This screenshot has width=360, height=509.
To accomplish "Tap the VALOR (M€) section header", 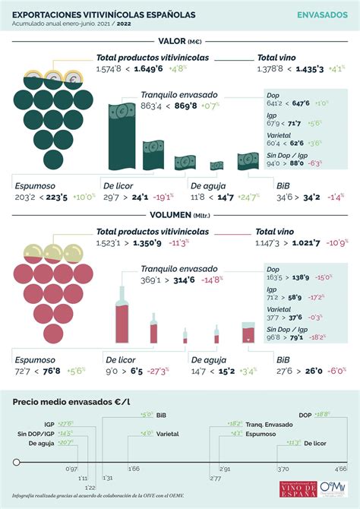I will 180,42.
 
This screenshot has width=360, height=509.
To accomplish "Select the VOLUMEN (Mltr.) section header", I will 180,215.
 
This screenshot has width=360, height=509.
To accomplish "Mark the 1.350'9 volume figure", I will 149,242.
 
